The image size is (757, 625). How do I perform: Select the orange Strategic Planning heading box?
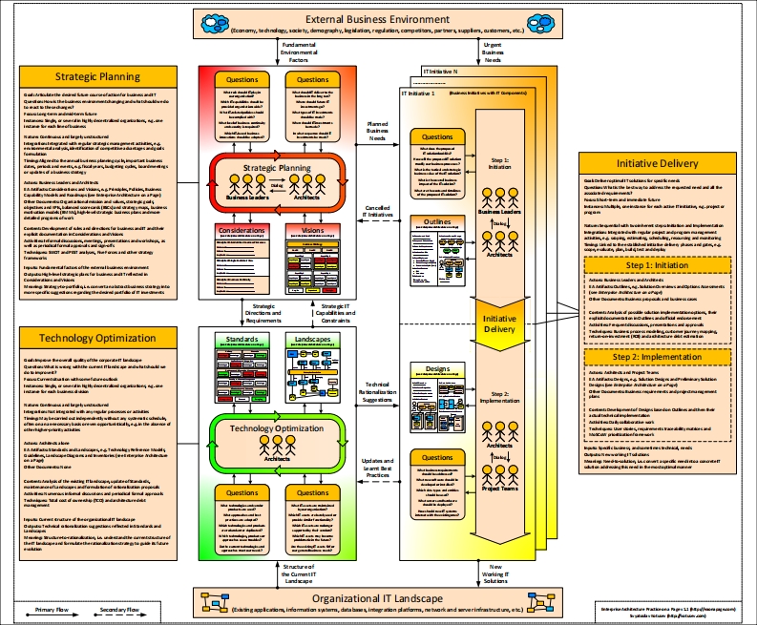[x=97, y=76]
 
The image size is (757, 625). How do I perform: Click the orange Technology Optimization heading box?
[x=97, y=339]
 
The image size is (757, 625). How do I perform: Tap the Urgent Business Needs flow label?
[x=493, y=53]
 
